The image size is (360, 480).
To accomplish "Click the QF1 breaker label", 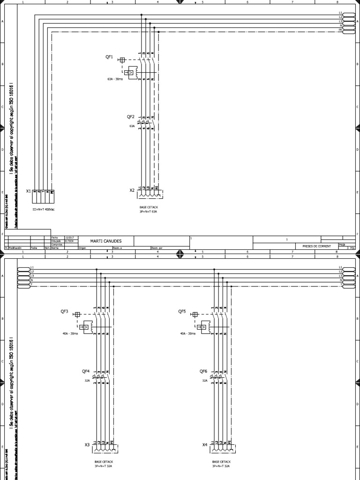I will (x=109, y=57).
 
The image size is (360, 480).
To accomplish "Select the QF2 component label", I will (x=131, y=117).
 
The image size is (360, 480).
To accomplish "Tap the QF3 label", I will (x=64, y=312).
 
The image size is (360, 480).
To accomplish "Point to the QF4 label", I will (x=85, y=371).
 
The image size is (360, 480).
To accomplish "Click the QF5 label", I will (x=182, y=311).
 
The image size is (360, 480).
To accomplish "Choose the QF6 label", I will (x=203, y=371).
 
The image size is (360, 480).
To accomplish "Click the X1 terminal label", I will (x=28, y=191).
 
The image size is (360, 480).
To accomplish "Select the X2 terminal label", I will (x=132, y=190).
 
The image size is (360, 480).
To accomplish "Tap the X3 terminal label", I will (x=87, y=445).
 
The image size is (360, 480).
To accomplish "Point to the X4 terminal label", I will (x=205, y=445).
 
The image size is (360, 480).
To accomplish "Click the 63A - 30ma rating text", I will (x=115, y=79).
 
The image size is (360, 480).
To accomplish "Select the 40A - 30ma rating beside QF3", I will (x=70, y=334).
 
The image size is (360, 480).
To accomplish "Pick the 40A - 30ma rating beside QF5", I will (x=187, y=334).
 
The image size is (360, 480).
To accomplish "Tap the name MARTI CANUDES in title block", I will (x=105, y=241).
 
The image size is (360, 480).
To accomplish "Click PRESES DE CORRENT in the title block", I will (x=316, y=246).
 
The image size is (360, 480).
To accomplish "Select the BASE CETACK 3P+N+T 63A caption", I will (x=148, y=209).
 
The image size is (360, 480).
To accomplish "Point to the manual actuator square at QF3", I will (x=78, y=315).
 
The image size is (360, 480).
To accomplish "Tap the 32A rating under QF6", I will (x=205, y=381).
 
